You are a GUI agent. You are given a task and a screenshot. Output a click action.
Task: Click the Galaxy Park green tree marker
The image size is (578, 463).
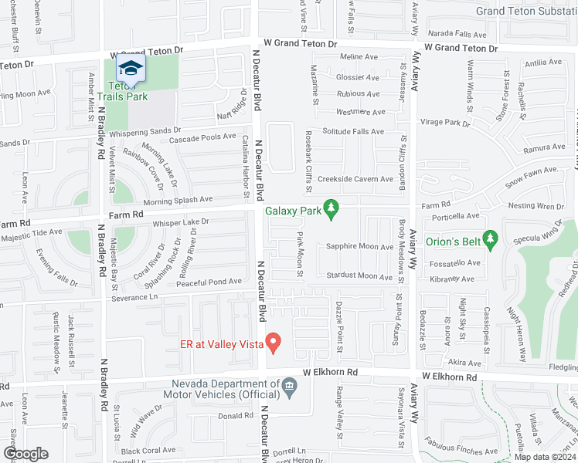click(331, 209)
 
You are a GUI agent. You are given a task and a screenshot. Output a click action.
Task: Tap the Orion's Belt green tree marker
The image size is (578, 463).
click(488, 238)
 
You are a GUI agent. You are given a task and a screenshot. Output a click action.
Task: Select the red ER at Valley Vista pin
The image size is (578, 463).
click(273, 340)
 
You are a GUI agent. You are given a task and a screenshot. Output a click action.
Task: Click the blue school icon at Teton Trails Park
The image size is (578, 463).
click(131, 69)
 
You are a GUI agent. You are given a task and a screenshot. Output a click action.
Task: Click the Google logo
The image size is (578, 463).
click(25, 454)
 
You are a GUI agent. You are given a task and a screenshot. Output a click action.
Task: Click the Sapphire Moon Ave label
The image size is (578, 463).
click(359, 247)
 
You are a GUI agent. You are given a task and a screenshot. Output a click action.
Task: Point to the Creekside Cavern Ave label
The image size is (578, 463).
click(356, 179)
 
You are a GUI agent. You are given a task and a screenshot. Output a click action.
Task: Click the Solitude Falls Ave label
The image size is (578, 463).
click(352, 132)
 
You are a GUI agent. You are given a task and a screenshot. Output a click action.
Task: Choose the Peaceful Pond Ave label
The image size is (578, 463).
click(209, 282)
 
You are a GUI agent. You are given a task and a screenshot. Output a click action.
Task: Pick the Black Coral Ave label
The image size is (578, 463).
click(148, 451)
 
